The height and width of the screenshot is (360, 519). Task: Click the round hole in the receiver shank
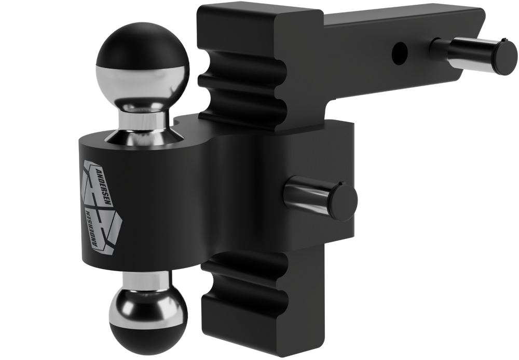399,51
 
